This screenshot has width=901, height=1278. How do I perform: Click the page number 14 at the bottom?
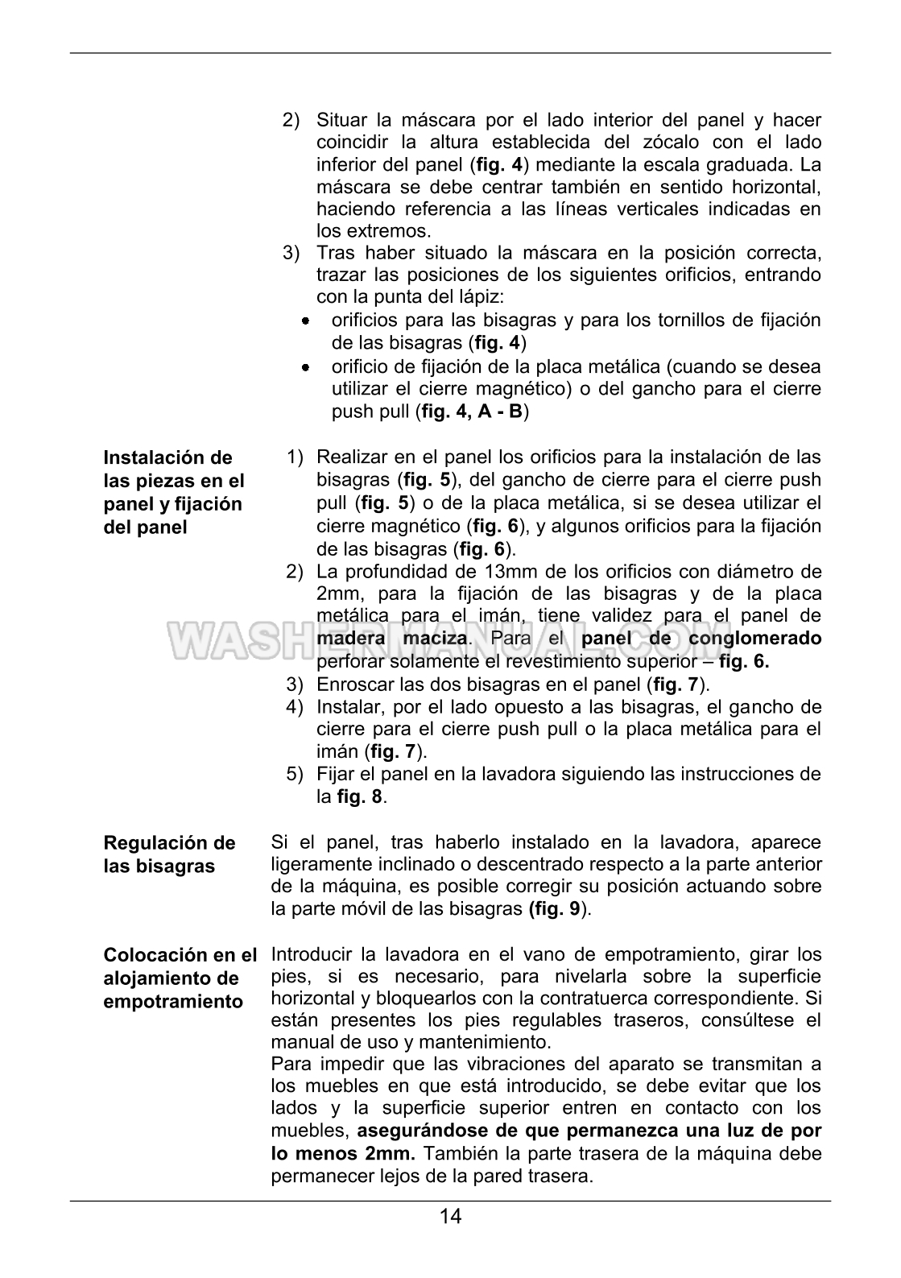pyautogui.click(x=451, y=1216)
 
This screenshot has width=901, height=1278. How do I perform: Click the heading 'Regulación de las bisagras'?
pyautogui.click(x=170, y=854)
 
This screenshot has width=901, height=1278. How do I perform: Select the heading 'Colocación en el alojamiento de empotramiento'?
pyautogui.click(x=180, y=978)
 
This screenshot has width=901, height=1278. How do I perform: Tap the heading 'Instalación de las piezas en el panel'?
pyautogui.click(x=173, y=492)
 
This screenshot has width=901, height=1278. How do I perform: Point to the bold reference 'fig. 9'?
pyautogui.click(x=556, y=909)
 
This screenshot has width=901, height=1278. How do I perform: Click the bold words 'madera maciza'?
pyautogui.click(x=392, y=639)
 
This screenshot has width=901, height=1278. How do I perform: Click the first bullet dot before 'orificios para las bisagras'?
pyautogui.click(x=306, y=321)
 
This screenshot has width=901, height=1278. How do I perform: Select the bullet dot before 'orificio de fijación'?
pyautogui.click(x=306, y=368)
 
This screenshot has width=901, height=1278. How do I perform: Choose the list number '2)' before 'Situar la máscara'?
pyautogui.click(x=291, y=121)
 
